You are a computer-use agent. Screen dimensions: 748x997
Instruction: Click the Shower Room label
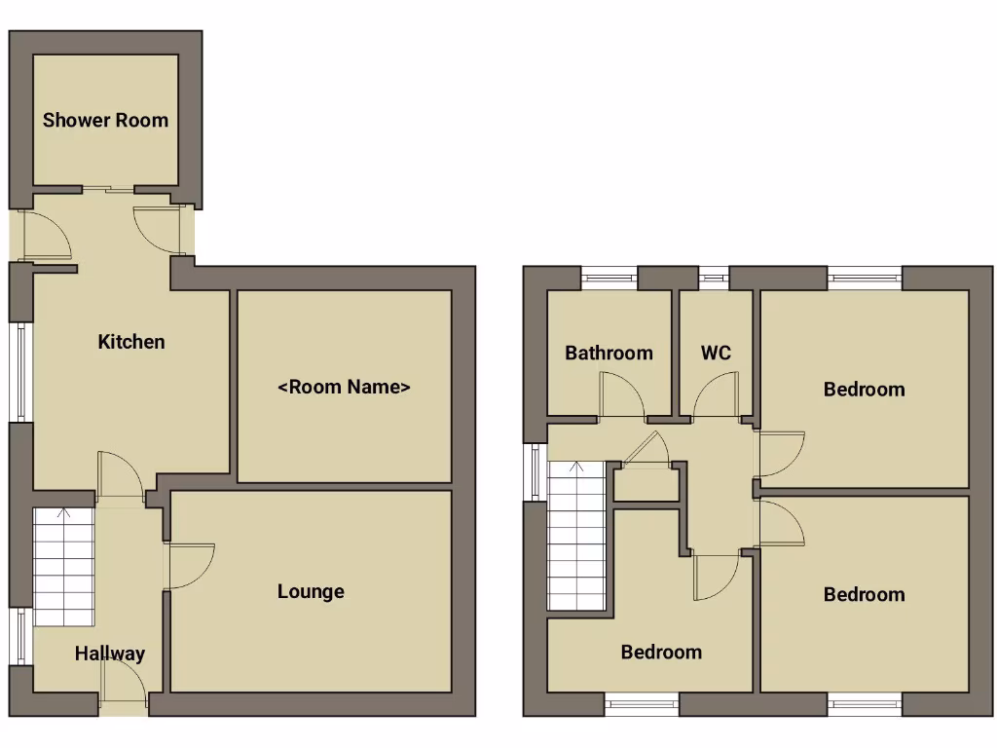[105, 121]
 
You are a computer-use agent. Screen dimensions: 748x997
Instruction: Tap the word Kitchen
[131, 342]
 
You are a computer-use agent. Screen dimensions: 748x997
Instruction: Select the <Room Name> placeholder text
[345, 388]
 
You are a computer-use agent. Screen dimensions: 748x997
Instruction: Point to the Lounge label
[311, 591]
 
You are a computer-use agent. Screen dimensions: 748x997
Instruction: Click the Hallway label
[110, 654]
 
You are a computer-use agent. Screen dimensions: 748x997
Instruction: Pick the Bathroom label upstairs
[609, 353]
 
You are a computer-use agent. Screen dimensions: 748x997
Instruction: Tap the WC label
[716, 353]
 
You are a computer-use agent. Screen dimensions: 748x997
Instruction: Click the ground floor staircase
[63, 567]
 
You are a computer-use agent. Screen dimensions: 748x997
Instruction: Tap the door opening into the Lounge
[188, 566]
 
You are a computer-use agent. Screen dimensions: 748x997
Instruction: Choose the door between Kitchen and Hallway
[121, 477]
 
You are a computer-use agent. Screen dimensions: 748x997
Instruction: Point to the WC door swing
[718, 397]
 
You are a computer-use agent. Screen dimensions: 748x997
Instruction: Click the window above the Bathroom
[609, 278]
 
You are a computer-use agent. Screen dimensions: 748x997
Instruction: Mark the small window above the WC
[715, 278]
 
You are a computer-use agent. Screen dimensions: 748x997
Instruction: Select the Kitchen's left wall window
[20, 371]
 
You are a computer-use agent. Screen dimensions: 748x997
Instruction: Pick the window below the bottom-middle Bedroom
[642, 703]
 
